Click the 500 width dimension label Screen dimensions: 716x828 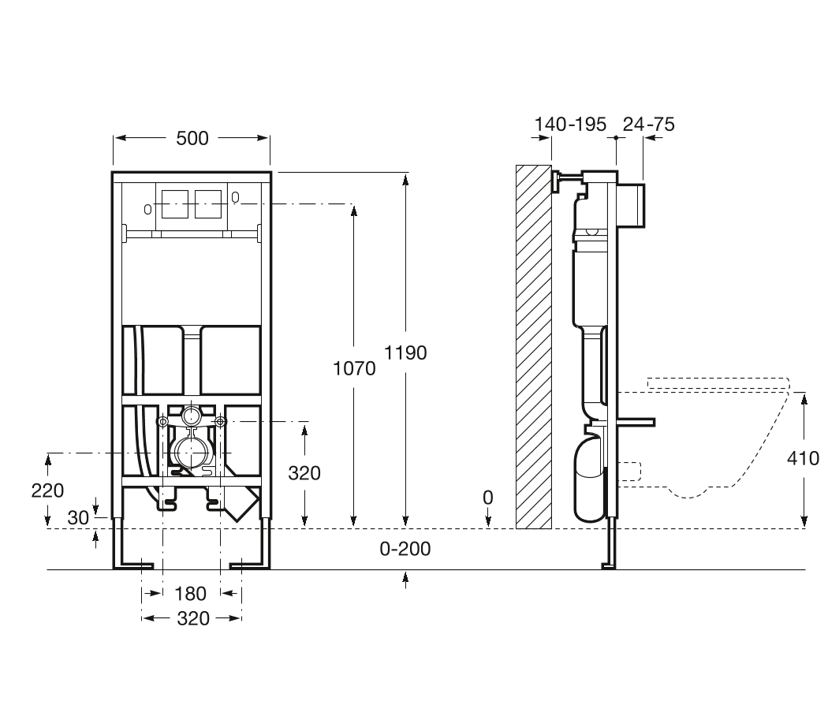coord(192,138)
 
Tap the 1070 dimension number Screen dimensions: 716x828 coord(354,368)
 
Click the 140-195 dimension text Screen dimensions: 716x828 coord(570,124)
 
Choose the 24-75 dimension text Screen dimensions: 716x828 coord(649,124)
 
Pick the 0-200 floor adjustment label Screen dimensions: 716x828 coord(405,549)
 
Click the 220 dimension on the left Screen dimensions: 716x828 coord(48,490)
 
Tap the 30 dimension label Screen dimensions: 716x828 coord(78,517)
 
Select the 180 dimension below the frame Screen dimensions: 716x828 coord(190,593)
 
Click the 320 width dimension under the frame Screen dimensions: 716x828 coord(192,619)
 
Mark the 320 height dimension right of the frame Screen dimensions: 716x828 coord(304,473)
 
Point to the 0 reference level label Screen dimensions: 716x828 coord(487,498)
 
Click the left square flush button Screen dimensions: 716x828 coord(174,204)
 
